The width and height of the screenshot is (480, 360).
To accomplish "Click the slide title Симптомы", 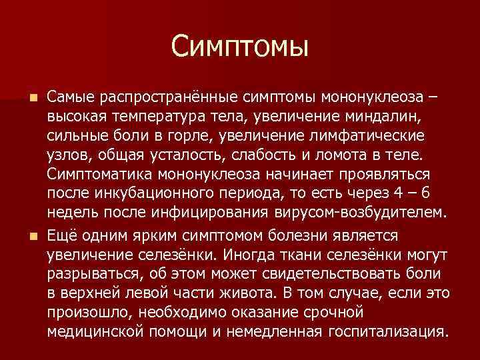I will tap(239, 46).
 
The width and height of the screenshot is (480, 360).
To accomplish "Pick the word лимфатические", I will tap(379, 136).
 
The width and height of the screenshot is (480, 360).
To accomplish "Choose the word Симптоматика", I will tap(101, 175).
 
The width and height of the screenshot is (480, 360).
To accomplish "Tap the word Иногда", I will tap(249, 255).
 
